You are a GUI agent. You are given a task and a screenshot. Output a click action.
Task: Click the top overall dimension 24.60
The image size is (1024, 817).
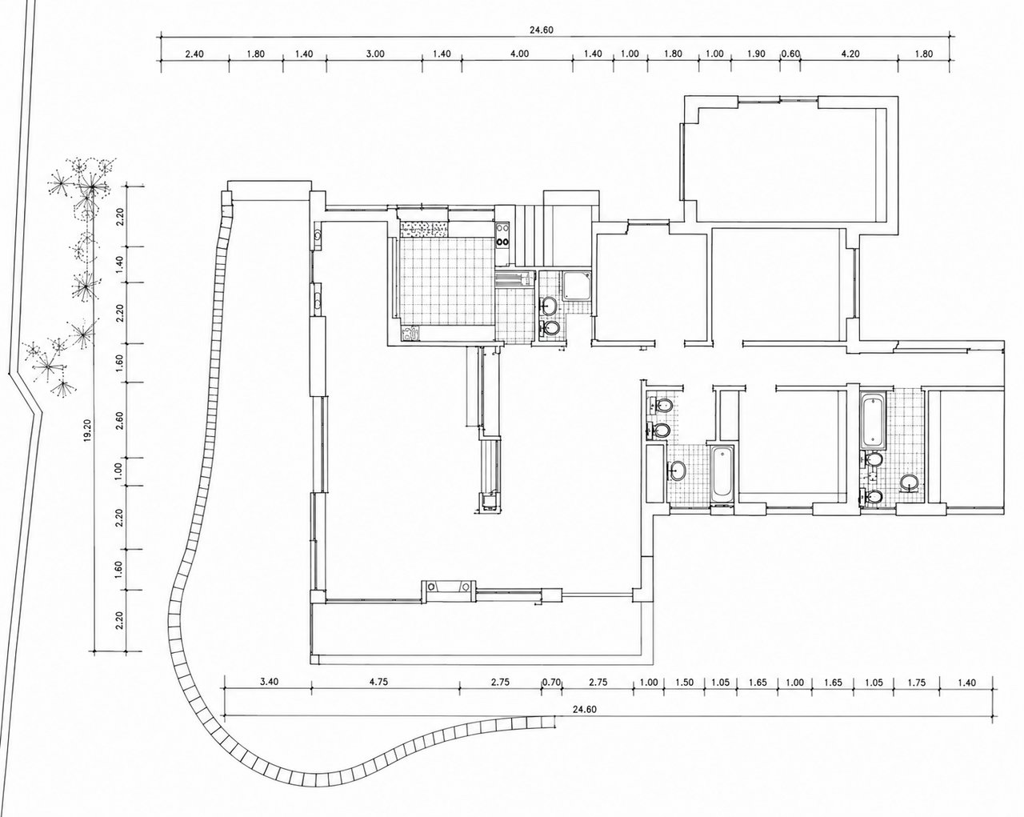point(542,30)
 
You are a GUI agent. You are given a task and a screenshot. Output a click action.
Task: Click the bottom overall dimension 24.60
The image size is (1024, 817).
point(584,709)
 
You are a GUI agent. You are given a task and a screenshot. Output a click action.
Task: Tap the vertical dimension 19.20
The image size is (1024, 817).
point(86,431)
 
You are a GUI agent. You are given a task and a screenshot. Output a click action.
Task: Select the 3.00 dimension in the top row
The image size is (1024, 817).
point(375,54)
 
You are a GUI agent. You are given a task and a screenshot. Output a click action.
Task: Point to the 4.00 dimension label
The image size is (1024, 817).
point(520,54)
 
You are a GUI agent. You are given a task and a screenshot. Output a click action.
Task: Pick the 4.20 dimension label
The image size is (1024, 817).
point(850,54)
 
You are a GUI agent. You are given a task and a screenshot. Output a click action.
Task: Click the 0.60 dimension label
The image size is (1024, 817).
point(791,54)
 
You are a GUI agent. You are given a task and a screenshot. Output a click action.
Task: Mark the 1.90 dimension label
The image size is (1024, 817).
point(756,54)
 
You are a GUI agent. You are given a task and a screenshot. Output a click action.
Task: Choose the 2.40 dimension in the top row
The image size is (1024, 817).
point(194,54)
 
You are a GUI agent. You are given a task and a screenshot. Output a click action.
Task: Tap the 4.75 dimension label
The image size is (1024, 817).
point(378,682)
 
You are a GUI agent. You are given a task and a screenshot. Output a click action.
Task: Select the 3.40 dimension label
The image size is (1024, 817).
point(269,682)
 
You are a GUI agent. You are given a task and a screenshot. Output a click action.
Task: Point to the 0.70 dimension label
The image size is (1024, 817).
point(551,683)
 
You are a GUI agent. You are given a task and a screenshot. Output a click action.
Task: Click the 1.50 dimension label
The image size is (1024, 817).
point(684,683)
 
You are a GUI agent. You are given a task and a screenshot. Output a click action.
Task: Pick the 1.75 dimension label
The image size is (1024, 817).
point(917,683)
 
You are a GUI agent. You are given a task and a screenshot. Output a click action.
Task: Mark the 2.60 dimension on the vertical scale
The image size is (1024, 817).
point(119,420)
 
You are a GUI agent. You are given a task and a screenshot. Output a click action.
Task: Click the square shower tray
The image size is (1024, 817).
point(577,286)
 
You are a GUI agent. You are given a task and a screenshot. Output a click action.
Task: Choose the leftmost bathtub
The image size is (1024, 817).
point(722,475)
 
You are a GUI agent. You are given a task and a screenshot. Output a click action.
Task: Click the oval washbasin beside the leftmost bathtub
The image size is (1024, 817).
point(678,471)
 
